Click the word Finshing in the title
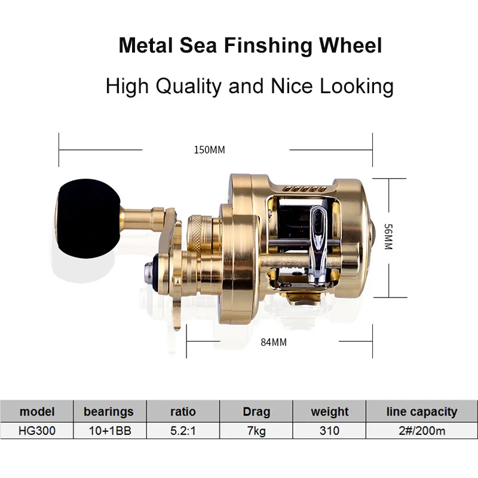click(267, 46)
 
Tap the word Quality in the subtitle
click(188, 87)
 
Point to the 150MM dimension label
click(210, 150)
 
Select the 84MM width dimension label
click(274, 342)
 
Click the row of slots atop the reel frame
click(305, 189)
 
